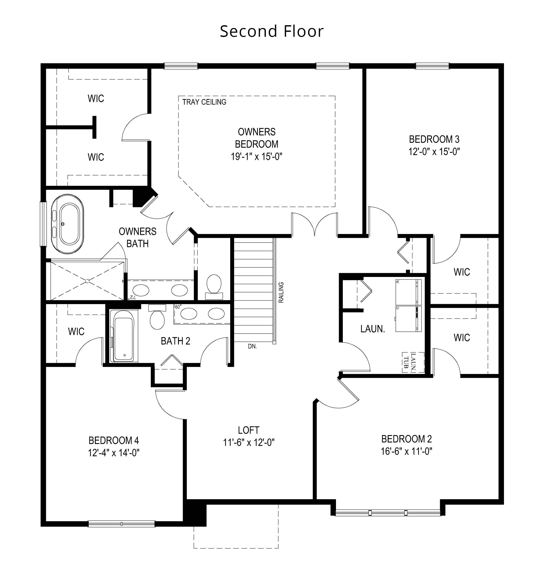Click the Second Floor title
pyautogui.click(x=272, y=31)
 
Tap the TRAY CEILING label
pyautogui.click(x=204, y=102)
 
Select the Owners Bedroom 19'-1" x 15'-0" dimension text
pyautogui.click(x=256, y=157)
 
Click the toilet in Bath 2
pyautogui.click(x=157, y=317)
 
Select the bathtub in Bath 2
pyautogui.click(x=124, y=336)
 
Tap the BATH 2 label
pyautogui.click(x=175, y=341)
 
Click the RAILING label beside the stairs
pyautogui.click(x=281, y=293)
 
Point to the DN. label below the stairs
pyautogui.click(x=252, y=346)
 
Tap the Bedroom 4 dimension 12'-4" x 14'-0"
pyautogui.click(x=114, y=453)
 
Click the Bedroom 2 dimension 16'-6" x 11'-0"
pyautogui.click(x=407, y=451)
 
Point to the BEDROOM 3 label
pyautogui.click(x=434, y=140)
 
